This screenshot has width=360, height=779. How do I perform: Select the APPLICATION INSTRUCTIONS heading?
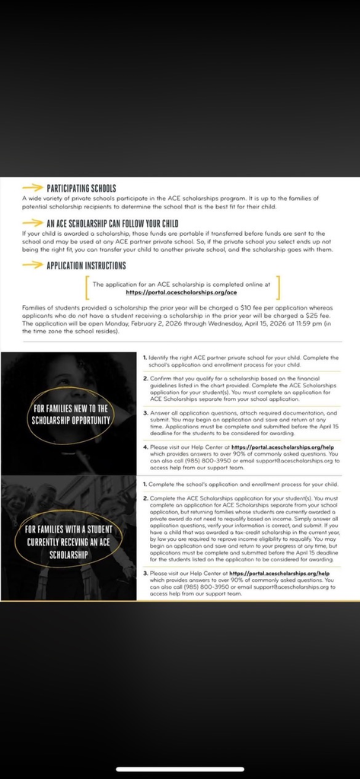click(86, 265)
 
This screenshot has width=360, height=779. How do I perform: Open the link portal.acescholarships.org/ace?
click(182, 291)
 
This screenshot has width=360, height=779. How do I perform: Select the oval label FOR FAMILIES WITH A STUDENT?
click(69, 542)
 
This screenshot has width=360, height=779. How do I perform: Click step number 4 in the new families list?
click(145, 447)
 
